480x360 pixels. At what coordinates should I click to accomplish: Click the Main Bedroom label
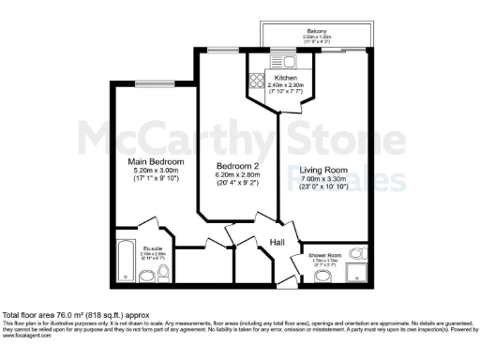click(x=156, y=162)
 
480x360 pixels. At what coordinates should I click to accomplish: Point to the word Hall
click(x=277, y=243)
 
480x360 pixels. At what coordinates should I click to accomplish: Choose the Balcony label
click(x=317, y=31)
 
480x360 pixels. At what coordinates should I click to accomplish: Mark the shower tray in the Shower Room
click(x=355, y=271)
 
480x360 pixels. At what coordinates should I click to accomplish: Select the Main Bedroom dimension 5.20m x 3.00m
click(x=156, y=172)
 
